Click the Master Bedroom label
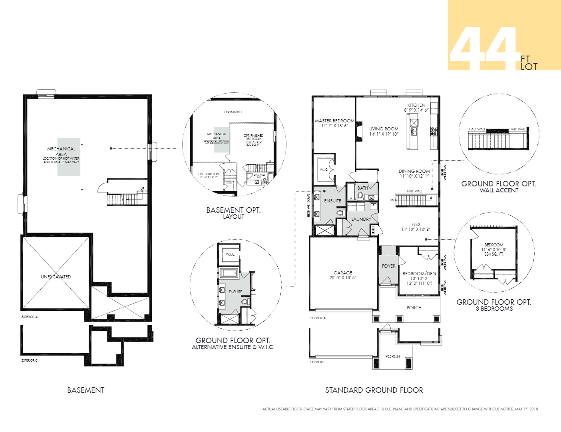334,121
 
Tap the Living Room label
384,129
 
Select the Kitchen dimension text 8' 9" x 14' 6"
416,110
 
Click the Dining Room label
414,171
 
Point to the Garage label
343,273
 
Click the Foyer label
388,266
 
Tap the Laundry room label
361,219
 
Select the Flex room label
416,224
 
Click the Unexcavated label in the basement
56,277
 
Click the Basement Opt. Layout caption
233,213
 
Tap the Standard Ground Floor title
374,390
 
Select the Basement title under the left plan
86,390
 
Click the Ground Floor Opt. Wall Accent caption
499,187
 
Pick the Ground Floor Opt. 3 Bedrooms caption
494,305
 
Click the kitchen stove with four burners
434,131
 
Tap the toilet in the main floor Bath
360,196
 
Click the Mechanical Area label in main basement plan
61,151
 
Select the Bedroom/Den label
419,274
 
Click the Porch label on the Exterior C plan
392,356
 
